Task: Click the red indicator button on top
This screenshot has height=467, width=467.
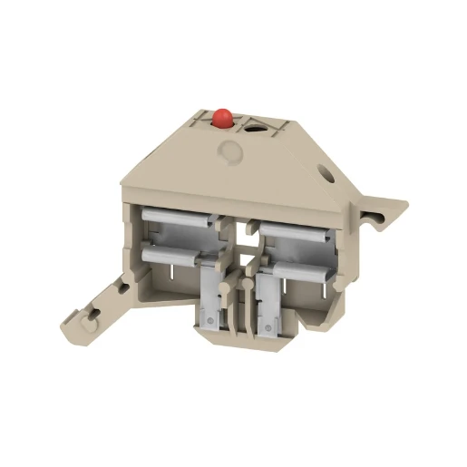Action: coord(220,116)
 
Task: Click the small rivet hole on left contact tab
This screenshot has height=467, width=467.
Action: coord(211,319)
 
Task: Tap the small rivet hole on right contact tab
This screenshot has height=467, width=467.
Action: coord(266,319)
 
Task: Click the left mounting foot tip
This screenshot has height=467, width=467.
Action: coord(69,328)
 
